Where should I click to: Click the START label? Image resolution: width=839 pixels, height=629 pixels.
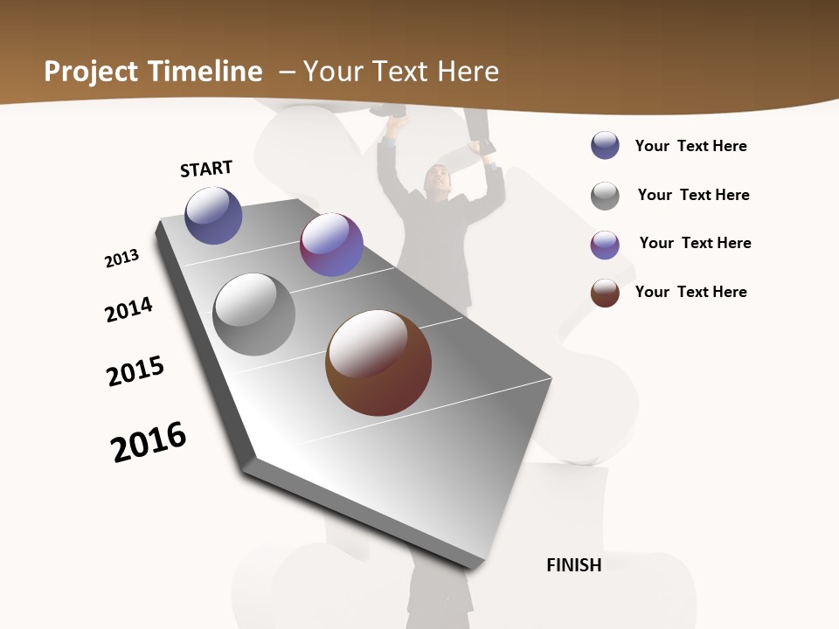pos(206,168)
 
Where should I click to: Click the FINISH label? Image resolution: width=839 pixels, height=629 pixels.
pos(574,565)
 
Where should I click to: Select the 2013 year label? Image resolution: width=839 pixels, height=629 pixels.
pos(121,259)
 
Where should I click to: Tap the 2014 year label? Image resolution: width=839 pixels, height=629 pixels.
pos(128,310)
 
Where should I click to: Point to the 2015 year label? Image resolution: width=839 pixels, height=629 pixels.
pos(135,371)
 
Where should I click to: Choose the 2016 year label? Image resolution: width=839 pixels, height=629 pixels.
pos(149,442)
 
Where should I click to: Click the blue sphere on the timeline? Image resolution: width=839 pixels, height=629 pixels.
pos(213,215)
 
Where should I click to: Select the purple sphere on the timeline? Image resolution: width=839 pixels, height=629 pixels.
pos(331,245)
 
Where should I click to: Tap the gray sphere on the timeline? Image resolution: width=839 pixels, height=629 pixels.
pos(254,314)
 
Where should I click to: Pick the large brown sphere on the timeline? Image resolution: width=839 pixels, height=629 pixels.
pos(378,363)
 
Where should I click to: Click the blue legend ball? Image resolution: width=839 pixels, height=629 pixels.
pos(605,146)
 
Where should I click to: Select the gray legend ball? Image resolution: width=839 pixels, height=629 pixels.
pos(605,196)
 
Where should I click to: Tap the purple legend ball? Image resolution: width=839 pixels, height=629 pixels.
pos(605,245)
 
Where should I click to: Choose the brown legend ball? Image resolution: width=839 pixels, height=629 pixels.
pos(605,293)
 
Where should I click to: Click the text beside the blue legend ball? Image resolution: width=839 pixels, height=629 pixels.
pos(690,146)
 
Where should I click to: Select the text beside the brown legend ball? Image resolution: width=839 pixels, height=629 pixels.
pos(690,292)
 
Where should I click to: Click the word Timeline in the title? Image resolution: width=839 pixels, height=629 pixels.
pos(206,72)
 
